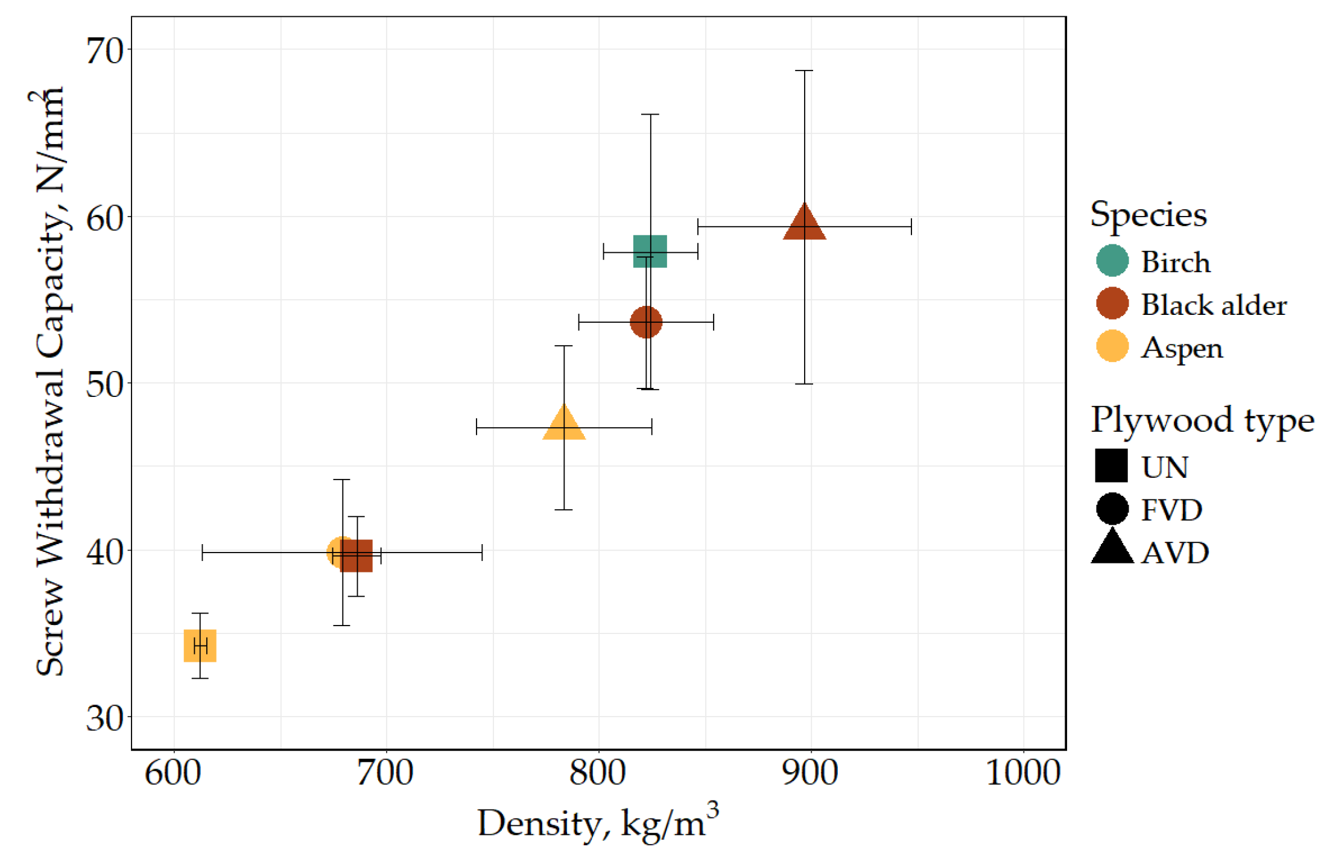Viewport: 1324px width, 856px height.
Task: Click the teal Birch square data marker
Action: [650, 251]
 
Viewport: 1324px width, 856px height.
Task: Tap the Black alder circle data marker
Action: [646, 322]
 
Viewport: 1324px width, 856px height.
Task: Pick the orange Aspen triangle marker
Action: [563, 424]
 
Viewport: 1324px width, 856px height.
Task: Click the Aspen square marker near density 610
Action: [200, 645]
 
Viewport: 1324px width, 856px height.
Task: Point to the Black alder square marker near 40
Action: [357, 556]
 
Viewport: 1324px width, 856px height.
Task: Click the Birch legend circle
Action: [1112, 261]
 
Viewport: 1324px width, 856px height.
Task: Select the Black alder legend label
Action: [1213, 305]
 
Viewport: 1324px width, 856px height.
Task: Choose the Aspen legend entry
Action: [1181, 347]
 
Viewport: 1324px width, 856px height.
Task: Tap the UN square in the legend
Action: [1111, 466]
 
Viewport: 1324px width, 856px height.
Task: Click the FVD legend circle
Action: [1112, 509]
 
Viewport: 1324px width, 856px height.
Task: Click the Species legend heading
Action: [1148, 215]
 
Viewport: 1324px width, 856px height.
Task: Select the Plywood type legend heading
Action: [1202, 420]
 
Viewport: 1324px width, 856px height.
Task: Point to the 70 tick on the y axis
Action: [104, 50]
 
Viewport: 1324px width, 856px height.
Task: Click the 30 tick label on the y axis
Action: [104, 718]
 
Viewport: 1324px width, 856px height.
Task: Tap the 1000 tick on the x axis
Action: [1022, 773]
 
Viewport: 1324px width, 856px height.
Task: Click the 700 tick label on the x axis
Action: [385, 773]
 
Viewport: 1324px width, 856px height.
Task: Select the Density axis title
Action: [597, 823]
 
